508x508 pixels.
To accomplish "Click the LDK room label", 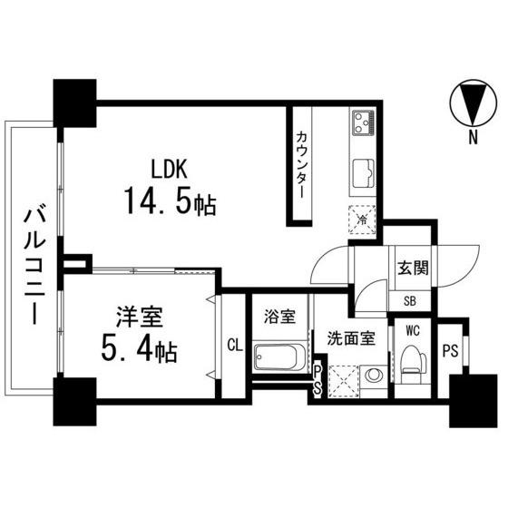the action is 169,169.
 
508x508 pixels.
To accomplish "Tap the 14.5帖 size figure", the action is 170,200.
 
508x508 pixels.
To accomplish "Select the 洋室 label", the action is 140,317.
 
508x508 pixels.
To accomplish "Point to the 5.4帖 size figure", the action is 140,348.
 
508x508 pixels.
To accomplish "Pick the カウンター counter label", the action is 302,164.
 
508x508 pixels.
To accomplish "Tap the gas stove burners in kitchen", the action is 364,122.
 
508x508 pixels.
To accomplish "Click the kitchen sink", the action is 363,173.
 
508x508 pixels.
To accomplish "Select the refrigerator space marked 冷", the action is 363,220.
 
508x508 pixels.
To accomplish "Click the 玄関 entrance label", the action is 413,269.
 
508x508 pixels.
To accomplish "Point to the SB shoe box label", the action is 410,301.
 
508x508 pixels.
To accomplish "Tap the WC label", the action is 412,331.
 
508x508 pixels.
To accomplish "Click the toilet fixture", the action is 413,365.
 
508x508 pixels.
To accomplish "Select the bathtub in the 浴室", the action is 279,357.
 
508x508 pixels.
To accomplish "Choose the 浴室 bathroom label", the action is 279,317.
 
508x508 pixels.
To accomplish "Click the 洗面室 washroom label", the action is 351,338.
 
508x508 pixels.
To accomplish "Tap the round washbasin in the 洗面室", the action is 374,376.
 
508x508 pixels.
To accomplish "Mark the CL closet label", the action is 235,346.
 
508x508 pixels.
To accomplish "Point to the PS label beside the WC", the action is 451,350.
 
